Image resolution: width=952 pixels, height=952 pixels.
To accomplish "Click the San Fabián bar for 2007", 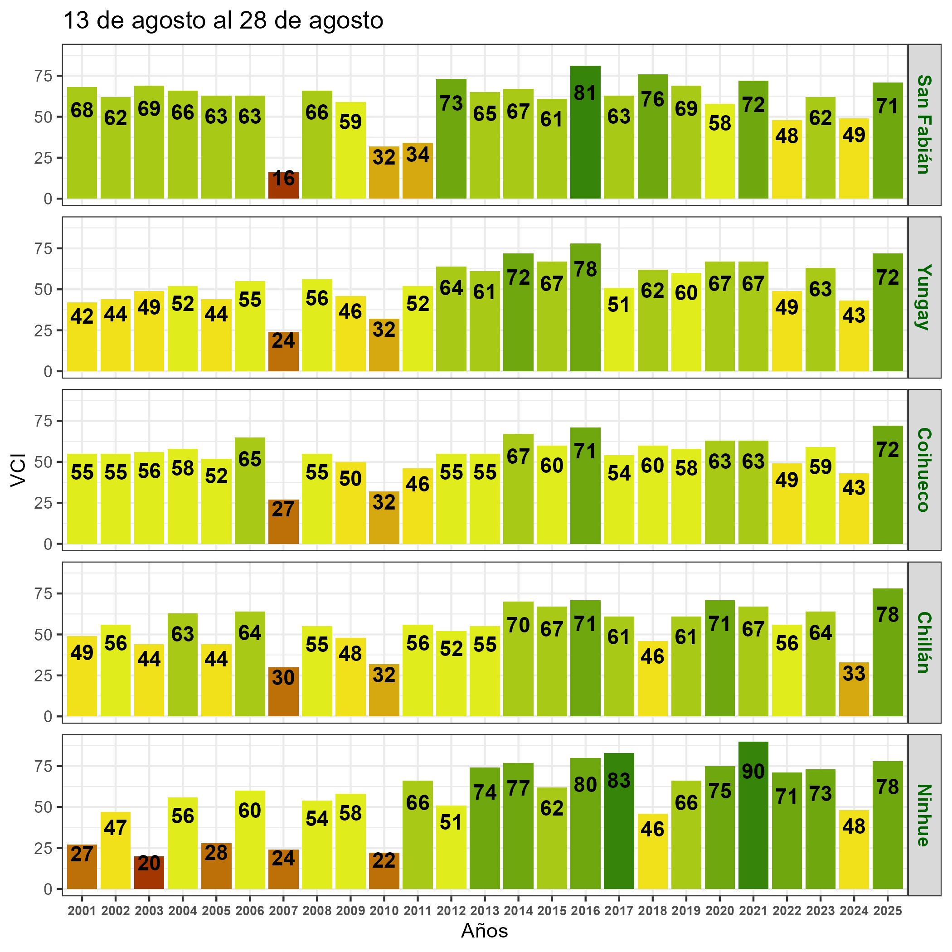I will tap(283, 186).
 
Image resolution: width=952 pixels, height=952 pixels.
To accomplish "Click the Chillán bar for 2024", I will tap(854, 690).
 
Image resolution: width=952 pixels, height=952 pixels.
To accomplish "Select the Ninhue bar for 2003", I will tap(149, 873).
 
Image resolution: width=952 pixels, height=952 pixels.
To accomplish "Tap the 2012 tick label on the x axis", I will tap(452, 911).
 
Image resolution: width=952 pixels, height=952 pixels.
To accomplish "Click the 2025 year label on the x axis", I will tap(888, 911).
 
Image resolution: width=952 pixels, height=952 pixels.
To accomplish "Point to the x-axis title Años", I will tap(484, 931).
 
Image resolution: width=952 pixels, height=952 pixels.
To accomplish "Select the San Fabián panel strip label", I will tap(924, 125).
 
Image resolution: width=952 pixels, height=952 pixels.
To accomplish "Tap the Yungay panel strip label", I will tap(924, 297).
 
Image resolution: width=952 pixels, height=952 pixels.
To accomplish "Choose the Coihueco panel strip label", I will tap(924, 470).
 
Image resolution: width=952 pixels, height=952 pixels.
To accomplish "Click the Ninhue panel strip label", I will tap(924, 815).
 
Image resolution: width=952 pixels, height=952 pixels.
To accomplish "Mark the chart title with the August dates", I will tap(223, 21).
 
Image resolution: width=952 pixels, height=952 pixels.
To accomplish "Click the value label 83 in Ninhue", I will tap(619, 781).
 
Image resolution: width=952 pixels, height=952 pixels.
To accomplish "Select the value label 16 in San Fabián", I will tap(284, 178).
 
